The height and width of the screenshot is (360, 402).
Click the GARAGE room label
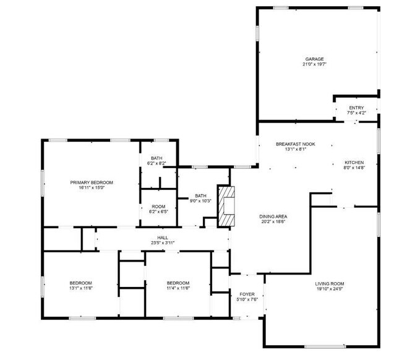tap(314, 59)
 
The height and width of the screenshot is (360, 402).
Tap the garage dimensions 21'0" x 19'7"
tap(314, 64)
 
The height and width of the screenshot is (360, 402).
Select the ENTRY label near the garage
tap(356, 108)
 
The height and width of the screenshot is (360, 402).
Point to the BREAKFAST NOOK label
tap(295, 144)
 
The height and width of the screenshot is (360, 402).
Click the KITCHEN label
tap(354, 162)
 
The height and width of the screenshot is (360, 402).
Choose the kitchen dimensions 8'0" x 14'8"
tap(354, 168)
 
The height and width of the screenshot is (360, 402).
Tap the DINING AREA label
tap(273, 216)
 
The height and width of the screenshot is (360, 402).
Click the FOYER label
tap(247, 294)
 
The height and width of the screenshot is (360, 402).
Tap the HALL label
tap(162, 237)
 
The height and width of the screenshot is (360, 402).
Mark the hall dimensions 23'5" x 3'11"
tap(162, 242)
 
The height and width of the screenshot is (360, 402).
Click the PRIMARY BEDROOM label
tap(92, 182)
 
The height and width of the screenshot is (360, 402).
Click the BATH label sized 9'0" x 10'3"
tap(200, 195)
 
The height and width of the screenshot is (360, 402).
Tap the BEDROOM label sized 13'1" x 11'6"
tap(80, 283)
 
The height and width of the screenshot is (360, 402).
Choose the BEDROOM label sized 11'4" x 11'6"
tap(177, 283)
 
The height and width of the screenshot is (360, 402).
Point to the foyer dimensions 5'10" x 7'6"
tap(247, 299)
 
